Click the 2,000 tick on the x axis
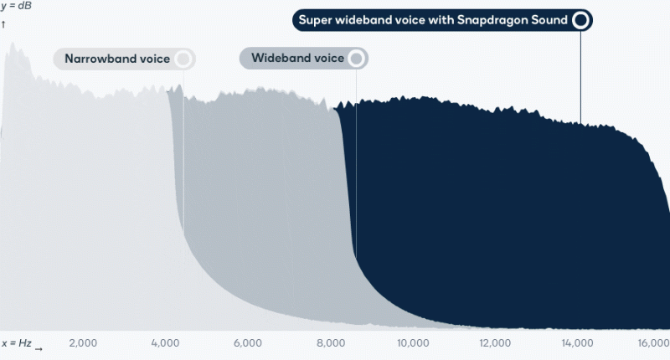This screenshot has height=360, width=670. [x=83, y=343]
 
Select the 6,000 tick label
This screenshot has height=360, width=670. [x=249, y=343]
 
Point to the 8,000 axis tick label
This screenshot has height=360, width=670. [x=332, y=343]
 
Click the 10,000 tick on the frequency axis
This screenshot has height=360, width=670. [x=413, y=343]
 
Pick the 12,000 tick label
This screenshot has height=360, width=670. [x=495, y=343]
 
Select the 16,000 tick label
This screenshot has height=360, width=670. [x=653, y=343]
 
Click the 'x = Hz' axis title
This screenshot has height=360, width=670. [x=16, y=343]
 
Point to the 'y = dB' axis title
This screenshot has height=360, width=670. [x=16, y=7]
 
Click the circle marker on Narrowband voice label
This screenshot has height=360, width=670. [x=183, y=59]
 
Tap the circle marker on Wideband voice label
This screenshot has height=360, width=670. [x=356, y=59]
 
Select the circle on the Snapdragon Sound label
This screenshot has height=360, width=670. [x=580, y=19]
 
